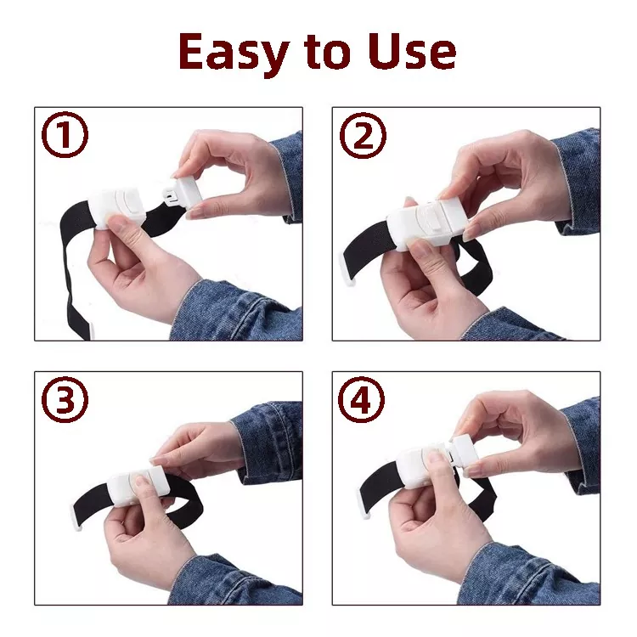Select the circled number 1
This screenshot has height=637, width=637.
coord(66,137)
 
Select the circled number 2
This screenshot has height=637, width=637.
coord(363,137)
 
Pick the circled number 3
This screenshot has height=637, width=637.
coord(66,402)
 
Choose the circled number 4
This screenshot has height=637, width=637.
coord(363,402)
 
